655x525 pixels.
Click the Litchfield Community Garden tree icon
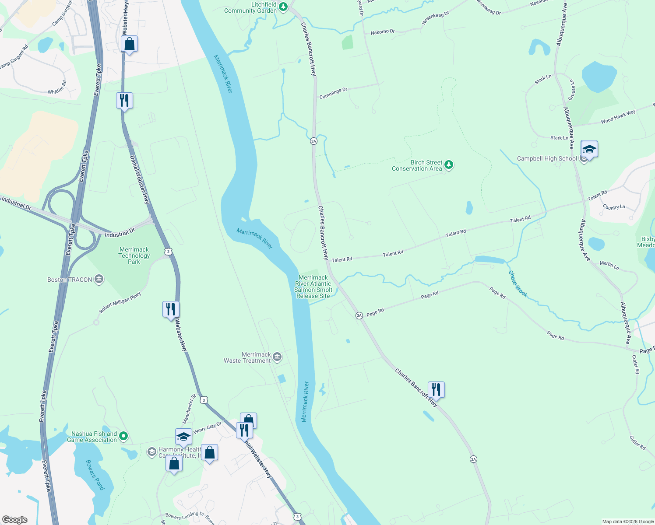[x=283, y=7]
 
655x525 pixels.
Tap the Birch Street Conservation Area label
[x=417, y=165]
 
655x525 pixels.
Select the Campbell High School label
[x=547, y=159]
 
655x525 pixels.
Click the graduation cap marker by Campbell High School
[x=589, y=149]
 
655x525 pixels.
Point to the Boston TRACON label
[x=70, y=280]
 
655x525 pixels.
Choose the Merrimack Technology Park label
[x=134, y=255]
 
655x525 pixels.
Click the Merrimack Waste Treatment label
[x=247, y=357]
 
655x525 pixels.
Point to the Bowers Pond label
[x=95, y=475]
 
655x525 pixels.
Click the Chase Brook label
[x=518, y=283]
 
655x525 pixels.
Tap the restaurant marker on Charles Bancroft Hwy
[x=436, y=389]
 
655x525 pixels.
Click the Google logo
[x=14, y=519]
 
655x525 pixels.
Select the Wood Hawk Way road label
[x=618, y=117]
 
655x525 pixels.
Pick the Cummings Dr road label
[x=333, y=93]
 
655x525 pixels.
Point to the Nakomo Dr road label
[x=383, y=32]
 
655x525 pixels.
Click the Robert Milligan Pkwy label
[x=120, y=302]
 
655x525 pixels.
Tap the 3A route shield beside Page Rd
[x=359, y=315]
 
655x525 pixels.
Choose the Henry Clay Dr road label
[x=208, y=427]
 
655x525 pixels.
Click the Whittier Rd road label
[x=57, y=87]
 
